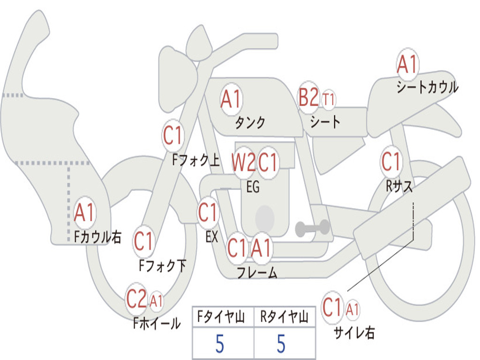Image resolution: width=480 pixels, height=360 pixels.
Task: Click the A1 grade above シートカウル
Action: tap(407, 65)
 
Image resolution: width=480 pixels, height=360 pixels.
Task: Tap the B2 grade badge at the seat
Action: tap(308, 98)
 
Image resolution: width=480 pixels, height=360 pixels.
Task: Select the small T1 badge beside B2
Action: tap(329, 99)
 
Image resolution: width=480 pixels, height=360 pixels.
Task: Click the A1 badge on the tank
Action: tap(231, 99)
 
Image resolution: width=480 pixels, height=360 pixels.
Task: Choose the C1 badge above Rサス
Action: tap(391, 162)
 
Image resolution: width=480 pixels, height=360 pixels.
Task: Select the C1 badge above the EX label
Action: tap(208, 213)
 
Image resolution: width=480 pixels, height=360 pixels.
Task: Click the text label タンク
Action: tap(250, 123)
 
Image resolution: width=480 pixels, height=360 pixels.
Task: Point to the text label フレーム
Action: tap(257, 273)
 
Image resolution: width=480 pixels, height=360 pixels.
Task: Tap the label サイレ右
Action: tap(354, 333)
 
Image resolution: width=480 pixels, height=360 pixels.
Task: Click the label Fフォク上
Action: tap(196, 161)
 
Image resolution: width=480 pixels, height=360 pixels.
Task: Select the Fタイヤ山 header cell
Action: tap(223, 318)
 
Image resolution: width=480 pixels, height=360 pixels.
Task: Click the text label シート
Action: tap(325, 122)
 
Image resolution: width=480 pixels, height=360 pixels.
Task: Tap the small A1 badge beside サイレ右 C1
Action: tap(352, 309)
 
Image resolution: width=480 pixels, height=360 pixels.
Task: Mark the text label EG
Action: tap(253, 187)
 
